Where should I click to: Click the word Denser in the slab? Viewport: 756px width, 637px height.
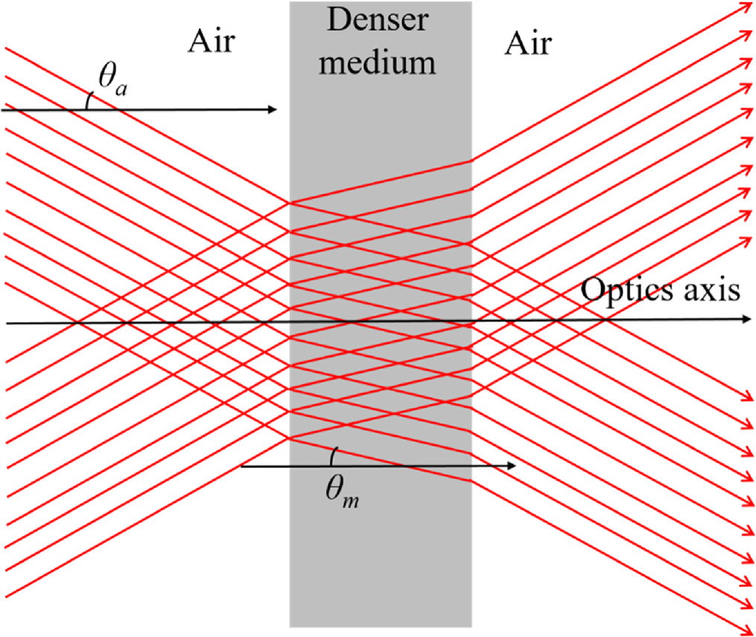[378, 20]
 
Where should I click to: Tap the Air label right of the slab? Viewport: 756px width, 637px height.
[527, 44]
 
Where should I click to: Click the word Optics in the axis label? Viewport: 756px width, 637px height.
[623, 290]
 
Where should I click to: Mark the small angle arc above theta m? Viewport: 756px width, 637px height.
[334, 455]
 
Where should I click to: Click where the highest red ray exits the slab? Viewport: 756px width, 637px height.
[471, 160]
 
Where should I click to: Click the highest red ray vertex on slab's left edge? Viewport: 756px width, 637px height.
[290, 202]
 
